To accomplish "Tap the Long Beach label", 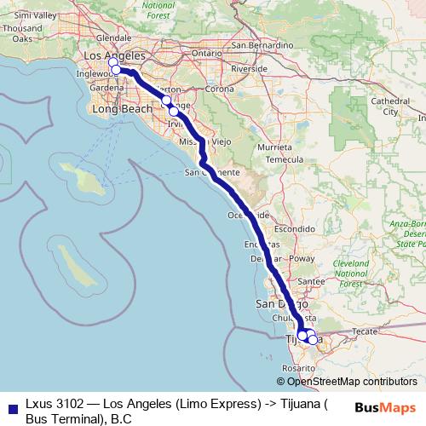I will (122, 110).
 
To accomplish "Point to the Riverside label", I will (250, 68).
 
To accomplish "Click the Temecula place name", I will (285, 159).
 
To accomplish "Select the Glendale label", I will (113, 38).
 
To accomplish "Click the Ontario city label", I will (206, 52).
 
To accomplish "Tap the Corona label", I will (219, 89).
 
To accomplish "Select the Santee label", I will (313, 281).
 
